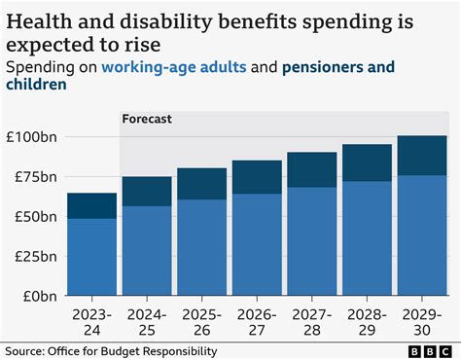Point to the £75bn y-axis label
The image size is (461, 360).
click(x=34, y=176)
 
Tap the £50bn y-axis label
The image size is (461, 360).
click(x=34, y=216)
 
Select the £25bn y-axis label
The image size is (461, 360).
click(x=34, y=256)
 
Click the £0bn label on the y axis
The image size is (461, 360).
click(x=38, y=296)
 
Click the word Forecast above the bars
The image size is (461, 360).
click(x=147, y=120)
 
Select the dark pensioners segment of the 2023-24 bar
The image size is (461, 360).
click(x=91, y=205)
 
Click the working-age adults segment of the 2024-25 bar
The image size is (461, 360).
click(x=147, y=250)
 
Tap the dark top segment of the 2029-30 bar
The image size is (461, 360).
click(x=421, y=156)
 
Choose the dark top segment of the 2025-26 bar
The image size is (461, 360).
click(x=201, y=184)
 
